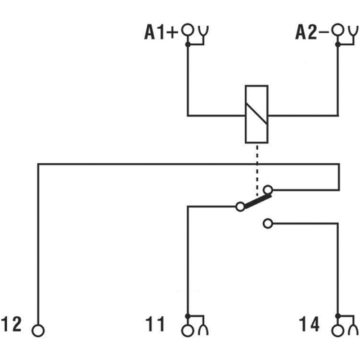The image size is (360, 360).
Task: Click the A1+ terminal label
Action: tap(161, 32)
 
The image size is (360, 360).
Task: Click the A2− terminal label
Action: tap(312, 32)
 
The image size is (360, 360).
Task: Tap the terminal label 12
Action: tap(11, 324)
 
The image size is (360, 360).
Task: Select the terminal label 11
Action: tap(155, 324)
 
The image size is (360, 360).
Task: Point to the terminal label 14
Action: tap(309, 324)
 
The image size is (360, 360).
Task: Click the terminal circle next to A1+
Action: tap(188, 30)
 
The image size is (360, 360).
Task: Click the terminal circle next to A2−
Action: tap(338, 30)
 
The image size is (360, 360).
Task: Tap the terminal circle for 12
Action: tap(38, 331)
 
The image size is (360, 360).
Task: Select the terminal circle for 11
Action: tap(188, 331)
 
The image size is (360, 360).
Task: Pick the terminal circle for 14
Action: tap(338, 331)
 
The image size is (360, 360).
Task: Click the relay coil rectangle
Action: tap(245, 114)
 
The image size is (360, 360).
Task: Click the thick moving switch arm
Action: tap(258, 202)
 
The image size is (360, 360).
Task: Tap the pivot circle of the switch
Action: tap(240, 207)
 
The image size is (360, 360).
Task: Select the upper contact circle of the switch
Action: tap(268, 190)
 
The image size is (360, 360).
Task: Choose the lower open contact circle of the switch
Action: tap(268, 223)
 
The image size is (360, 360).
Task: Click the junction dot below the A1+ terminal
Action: tap(188, 44)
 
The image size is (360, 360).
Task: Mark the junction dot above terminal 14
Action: tap(338, 316)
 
